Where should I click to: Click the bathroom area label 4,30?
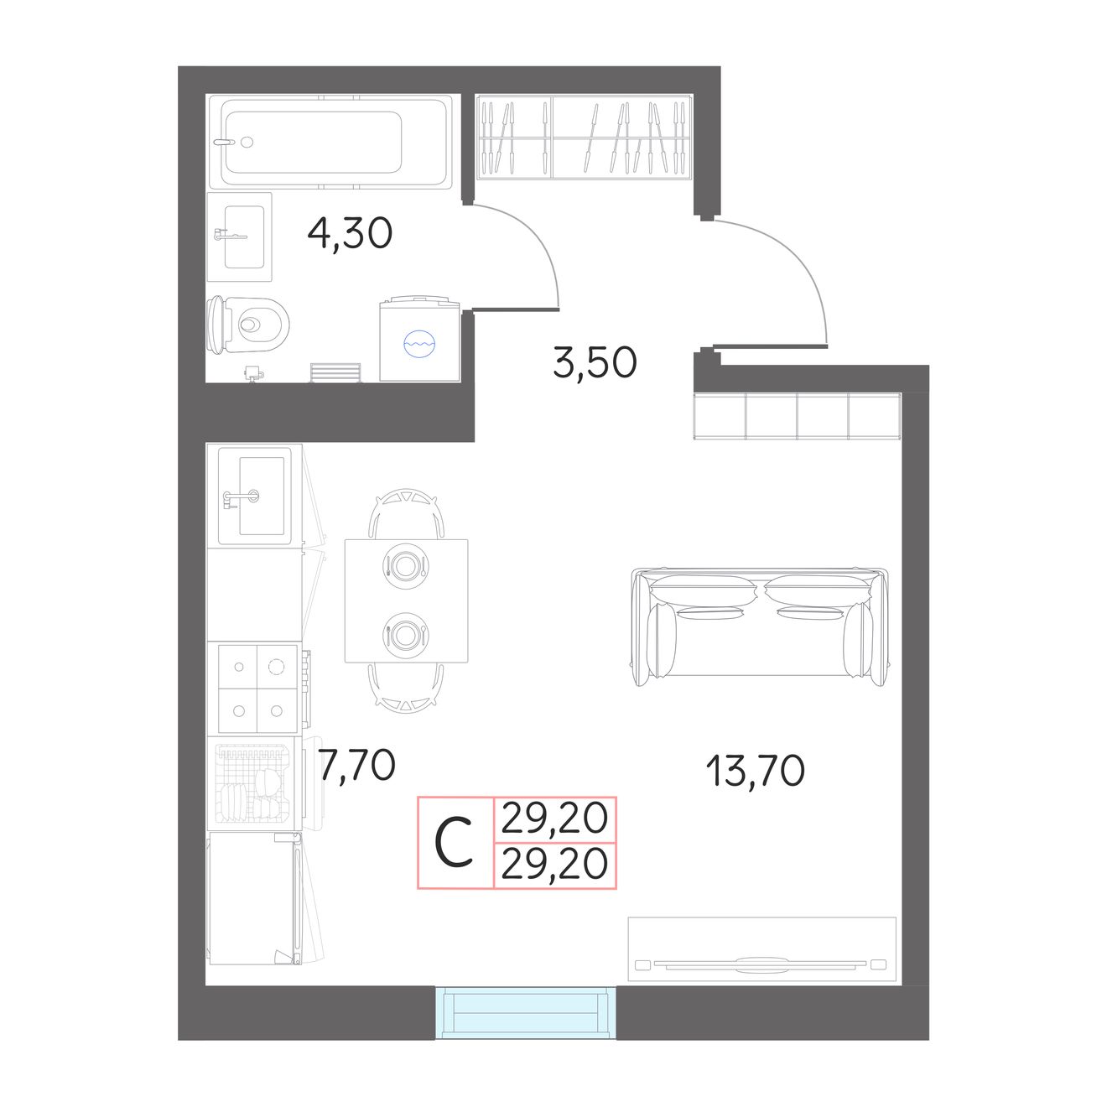click(350, 232)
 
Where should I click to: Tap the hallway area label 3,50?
click(595, 362)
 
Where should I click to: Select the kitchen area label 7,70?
click(357, 765)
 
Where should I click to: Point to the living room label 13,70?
click(755, 771)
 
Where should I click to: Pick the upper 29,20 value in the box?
click(554, 818)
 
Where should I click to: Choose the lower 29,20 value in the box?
click(554, 864)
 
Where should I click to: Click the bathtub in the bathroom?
click(330, 142)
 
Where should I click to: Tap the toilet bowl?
click(248, 325)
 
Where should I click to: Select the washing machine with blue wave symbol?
click(419, 339)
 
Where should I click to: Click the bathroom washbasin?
click(240, 236)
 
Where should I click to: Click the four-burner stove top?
click(258, 689)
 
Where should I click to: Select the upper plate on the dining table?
click(406, 565)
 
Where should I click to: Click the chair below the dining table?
click(406, 689)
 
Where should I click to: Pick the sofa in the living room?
click(759, 626)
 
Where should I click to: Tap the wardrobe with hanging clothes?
click(584, 137)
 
